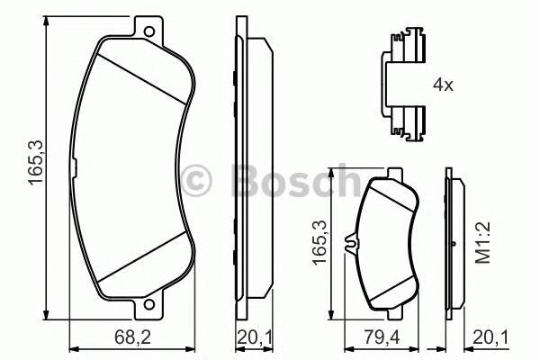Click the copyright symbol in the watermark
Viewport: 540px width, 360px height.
196,180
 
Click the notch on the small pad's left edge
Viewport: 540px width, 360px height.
358,241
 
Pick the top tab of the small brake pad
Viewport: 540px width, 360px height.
393,174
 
